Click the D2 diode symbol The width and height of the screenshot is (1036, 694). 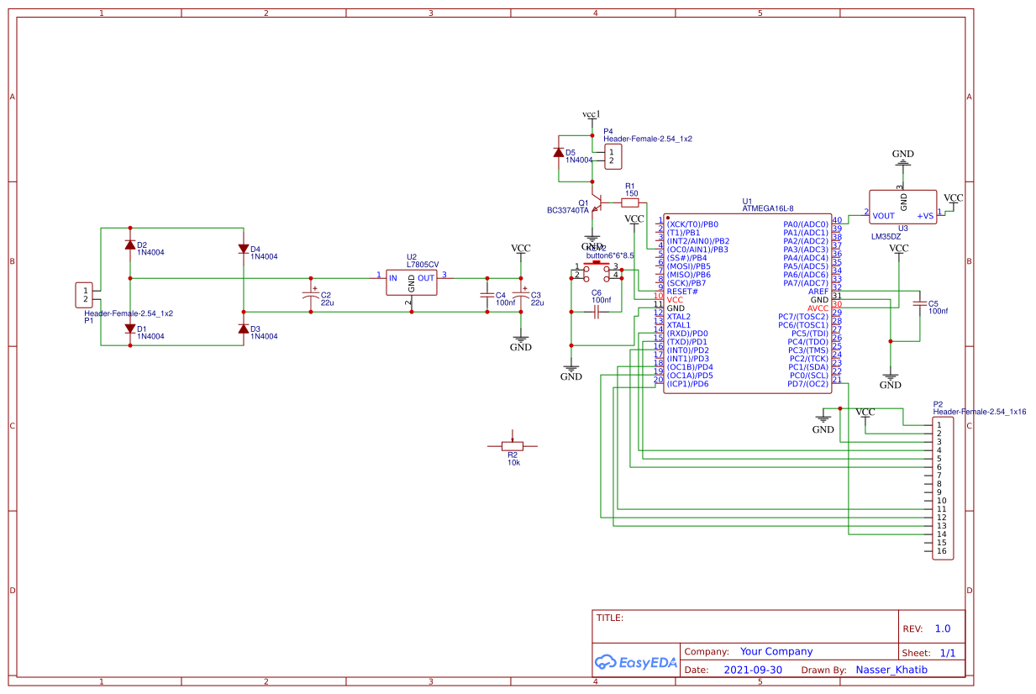click(130, 244)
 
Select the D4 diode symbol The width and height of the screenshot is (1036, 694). click(244, 249)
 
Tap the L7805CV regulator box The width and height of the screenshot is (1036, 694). click(412, 282)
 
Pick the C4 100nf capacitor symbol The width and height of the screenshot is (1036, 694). click(486, 295)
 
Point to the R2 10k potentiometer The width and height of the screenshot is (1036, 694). click(513, 446)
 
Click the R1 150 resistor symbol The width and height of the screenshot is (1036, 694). click(630, 202)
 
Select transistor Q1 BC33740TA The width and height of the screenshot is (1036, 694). click(596, 203)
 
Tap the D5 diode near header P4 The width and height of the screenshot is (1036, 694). click(559, 153)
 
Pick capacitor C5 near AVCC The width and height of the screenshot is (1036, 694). click(920, 304)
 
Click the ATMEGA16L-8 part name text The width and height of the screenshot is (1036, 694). click(767, 208)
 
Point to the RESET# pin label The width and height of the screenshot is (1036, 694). click(682, 292)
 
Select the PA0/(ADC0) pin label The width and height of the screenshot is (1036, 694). click(806, 224)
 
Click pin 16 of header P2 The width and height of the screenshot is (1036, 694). click(942, 551)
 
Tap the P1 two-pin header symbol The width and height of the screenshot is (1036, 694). click(84, 295)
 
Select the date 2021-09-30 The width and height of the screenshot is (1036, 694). click(753, 670)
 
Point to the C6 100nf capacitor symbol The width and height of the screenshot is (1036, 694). click(596, 312)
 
